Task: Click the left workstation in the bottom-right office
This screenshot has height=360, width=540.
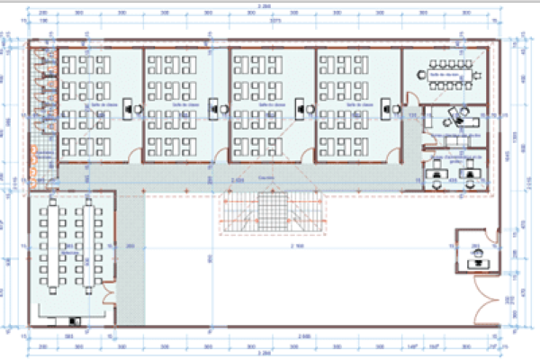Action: click(438, 172)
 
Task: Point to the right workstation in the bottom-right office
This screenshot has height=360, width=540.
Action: click(469, 172)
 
